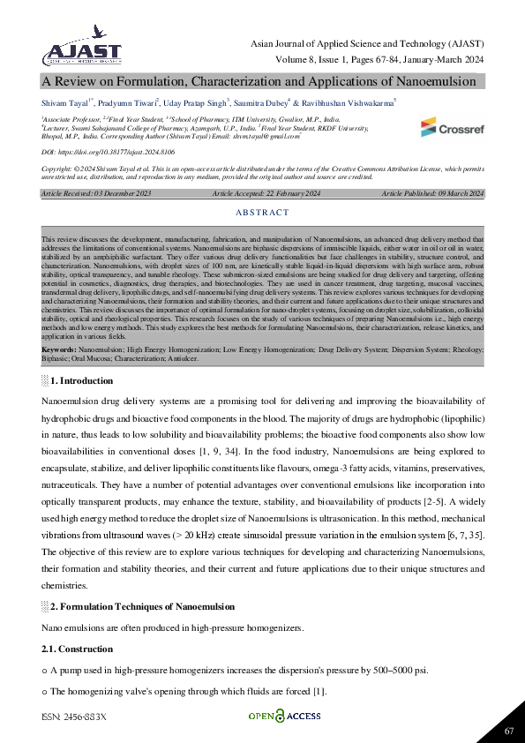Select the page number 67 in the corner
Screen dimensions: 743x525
(x=509, y=731)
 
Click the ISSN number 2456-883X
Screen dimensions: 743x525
(x=73, y=717)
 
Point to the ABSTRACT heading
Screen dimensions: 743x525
(x=262, y=213)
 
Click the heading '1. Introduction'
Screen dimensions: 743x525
(x=81, y=380)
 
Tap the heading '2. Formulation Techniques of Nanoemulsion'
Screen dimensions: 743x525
(x=142, y=606)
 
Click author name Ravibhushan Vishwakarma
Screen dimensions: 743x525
(x=350, y=104)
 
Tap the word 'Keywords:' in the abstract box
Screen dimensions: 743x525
(x=58, y=349)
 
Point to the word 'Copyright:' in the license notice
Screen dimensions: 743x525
(x=57, y=168)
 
